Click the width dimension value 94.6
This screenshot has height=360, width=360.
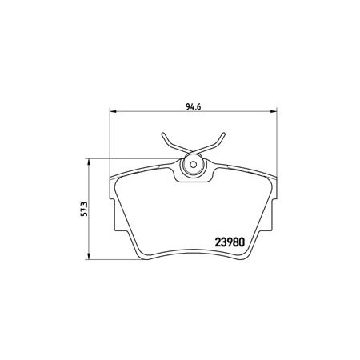(193, 106)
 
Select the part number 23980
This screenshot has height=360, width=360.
(230, 242)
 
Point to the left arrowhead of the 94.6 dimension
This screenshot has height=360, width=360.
(114, 111)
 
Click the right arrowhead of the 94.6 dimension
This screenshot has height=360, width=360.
(274, 111)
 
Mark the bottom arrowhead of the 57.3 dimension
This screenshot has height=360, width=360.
(88, 256)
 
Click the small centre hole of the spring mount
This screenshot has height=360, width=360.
(194, 165)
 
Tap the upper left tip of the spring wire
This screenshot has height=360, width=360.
(162, 133)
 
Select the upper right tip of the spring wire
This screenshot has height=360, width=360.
(224, 133)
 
